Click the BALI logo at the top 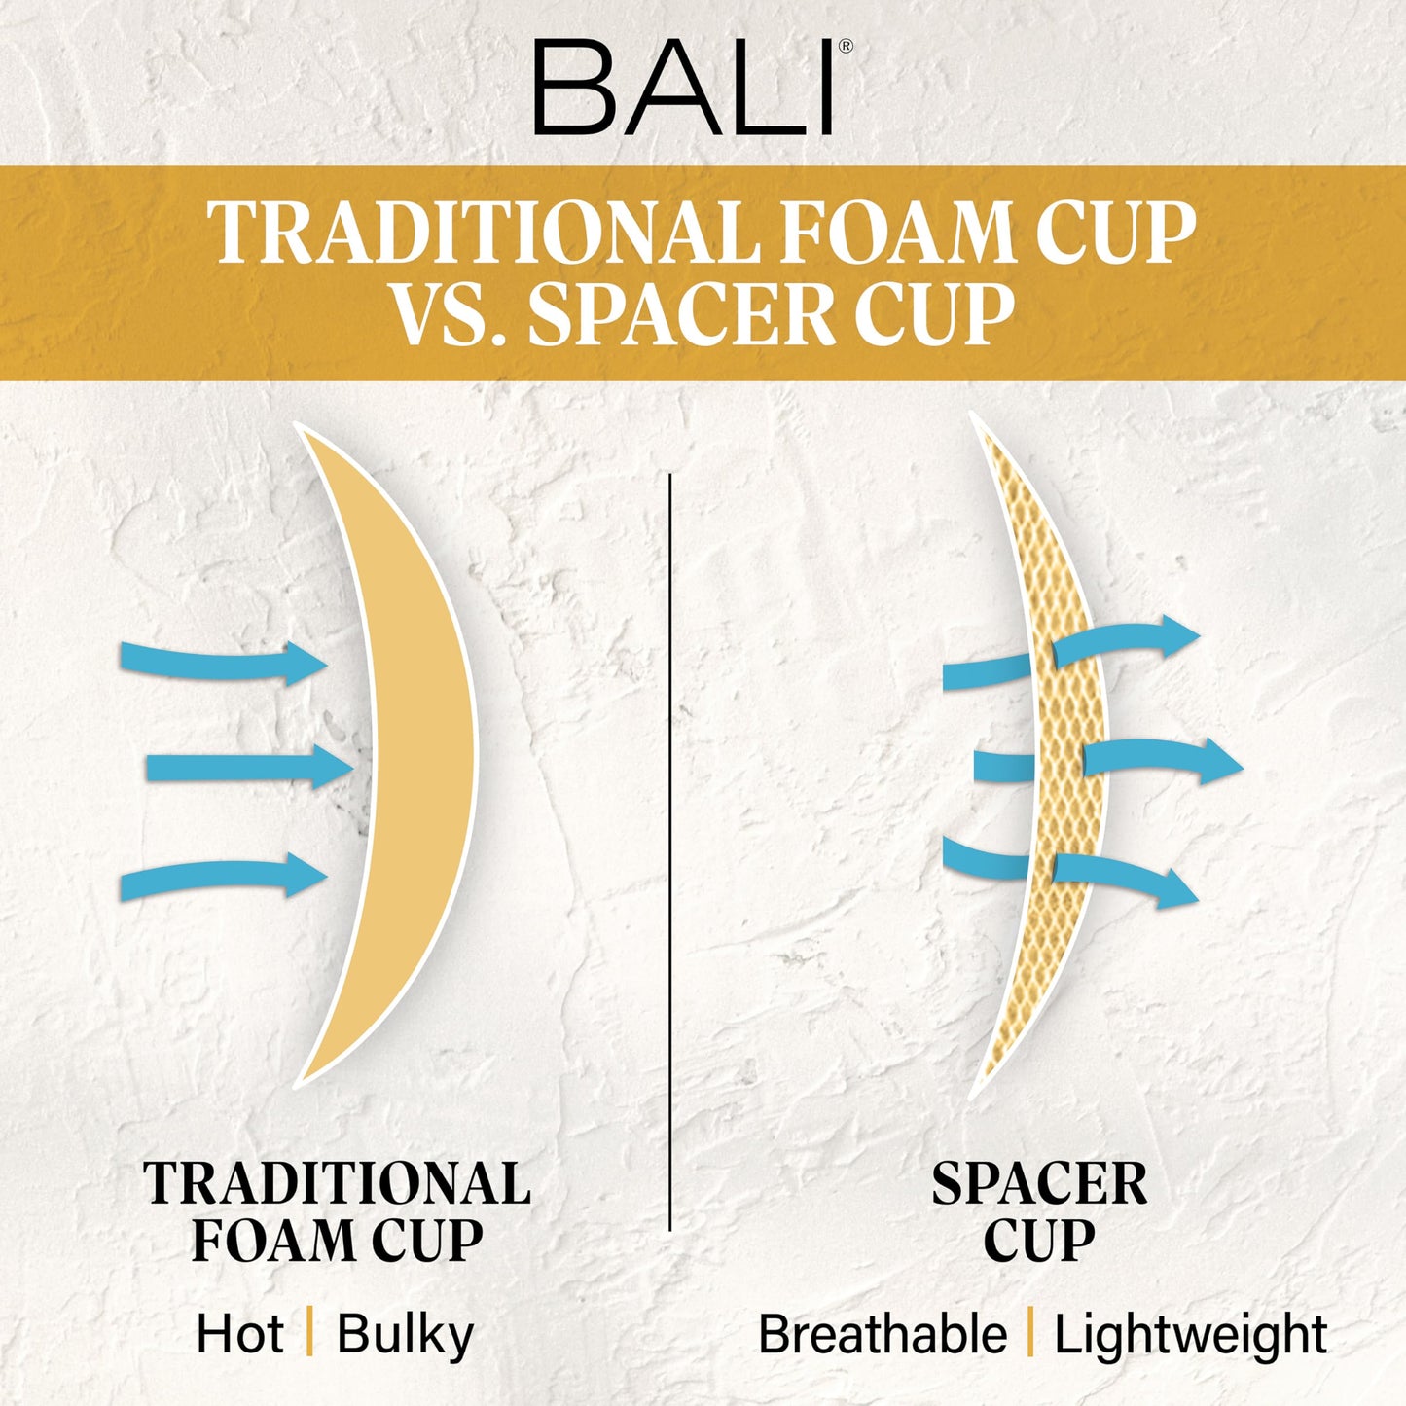coord(684,88)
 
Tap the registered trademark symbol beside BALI coord(846,47)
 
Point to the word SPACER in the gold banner coord(682,315)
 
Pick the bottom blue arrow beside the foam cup coord(223,876)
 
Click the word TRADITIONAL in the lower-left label coord(337,1183)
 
